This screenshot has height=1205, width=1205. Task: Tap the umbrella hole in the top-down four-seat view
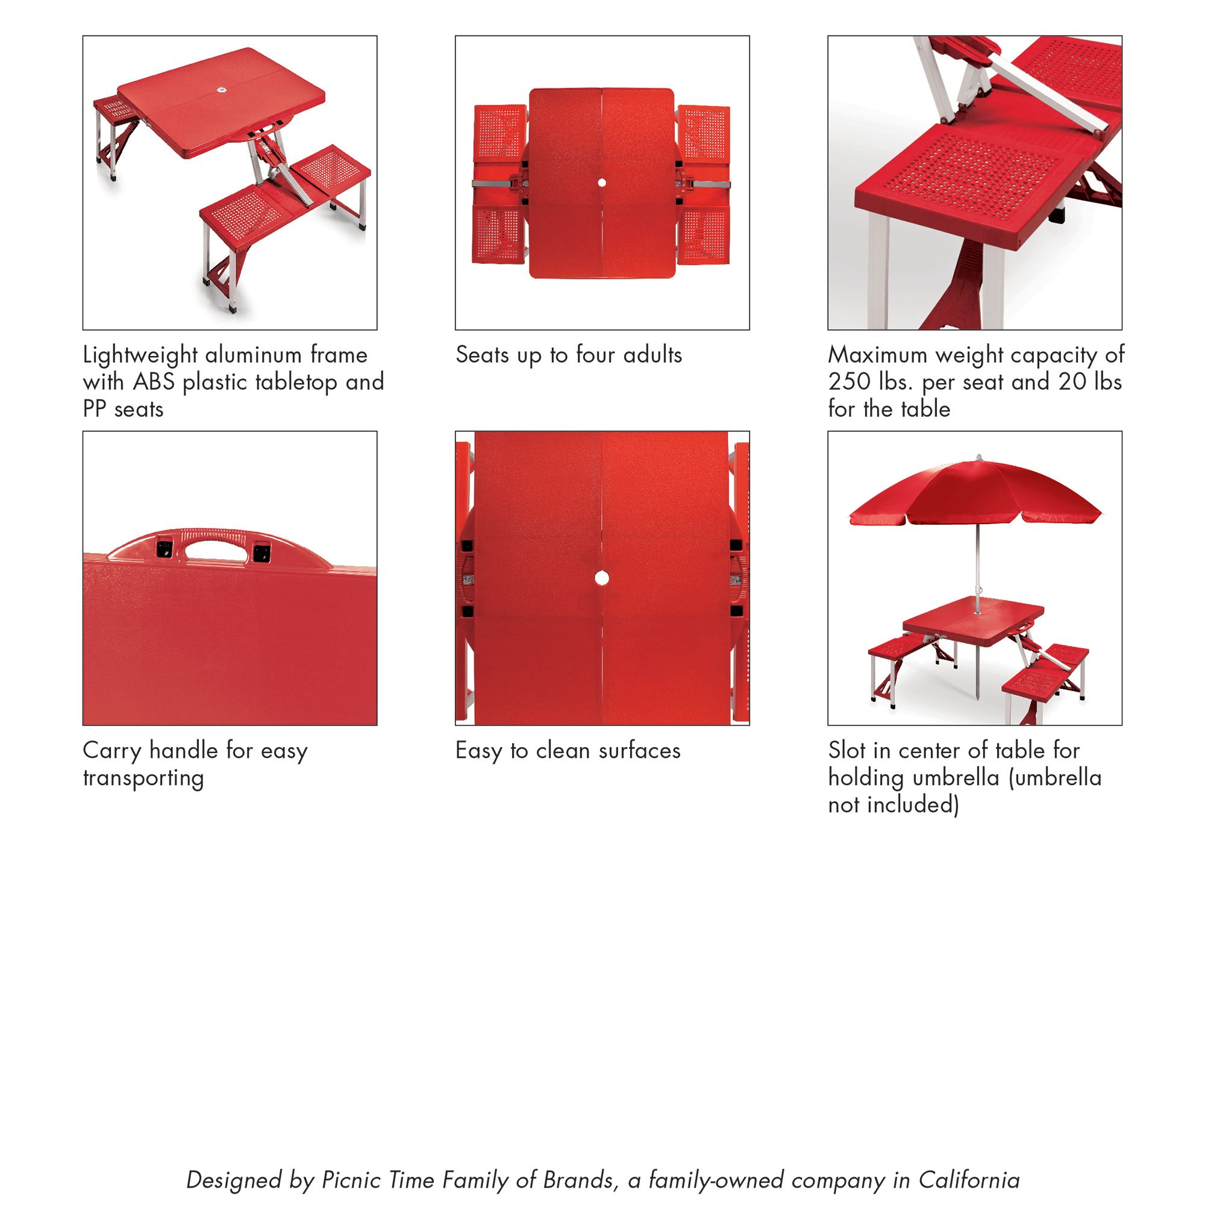point(602,183)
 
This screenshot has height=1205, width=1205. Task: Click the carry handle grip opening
point(215,549)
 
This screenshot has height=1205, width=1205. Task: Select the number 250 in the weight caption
point(849,382)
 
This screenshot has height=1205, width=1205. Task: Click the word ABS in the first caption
point(154,382)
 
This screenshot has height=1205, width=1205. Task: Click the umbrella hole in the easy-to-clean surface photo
point(602,578)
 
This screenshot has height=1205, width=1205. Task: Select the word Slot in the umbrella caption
point(848,750)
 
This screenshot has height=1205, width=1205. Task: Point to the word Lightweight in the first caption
point(140,355)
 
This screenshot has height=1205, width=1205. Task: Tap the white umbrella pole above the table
point(977,562)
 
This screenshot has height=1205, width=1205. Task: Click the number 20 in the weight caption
point(1072,382)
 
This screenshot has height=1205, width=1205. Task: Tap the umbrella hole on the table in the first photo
point(221,91)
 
